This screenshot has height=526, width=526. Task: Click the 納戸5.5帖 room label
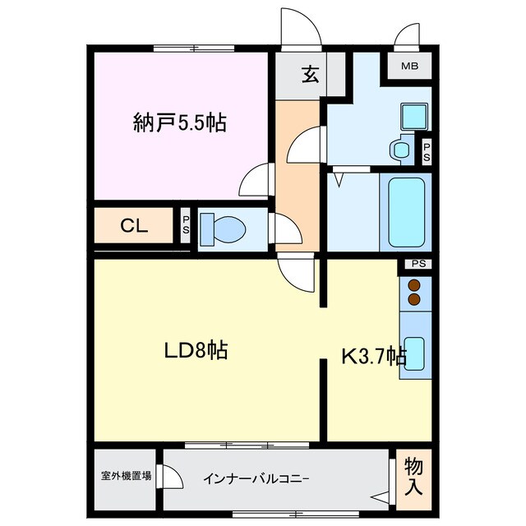tap(180, 123)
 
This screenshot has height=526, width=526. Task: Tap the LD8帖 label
tap(195, 351)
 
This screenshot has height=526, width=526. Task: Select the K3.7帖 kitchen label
tap(374, 356)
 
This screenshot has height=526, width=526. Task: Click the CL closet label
tap(134, 227)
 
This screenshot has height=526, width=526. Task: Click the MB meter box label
tap(409, 66)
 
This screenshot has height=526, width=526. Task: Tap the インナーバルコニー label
tap(256, 477)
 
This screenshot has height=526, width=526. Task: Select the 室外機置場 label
tap(126, 475)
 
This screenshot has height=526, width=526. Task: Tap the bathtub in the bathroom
tap(404, 213)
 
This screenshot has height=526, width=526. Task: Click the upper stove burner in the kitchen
tap(413, 286)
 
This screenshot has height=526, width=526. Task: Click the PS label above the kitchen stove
tap(418, 264)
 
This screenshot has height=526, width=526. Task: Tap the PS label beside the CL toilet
tap(186, 226)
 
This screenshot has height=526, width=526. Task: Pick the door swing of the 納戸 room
tap(257, 177)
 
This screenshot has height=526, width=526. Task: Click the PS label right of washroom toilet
tap(426, 150)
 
